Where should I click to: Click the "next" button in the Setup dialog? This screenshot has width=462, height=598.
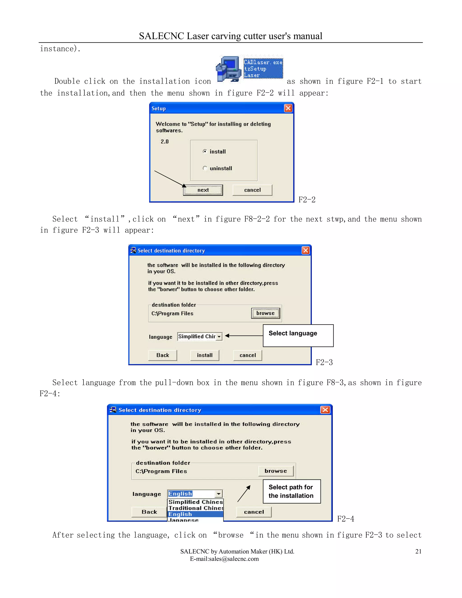click(203, 190)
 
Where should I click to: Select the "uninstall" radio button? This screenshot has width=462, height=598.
click(205, 168)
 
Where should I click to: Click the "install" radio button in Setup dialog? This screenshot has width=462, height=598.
click(205, 151)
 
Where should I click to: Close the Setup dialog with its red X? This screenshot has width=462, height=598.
click(288, 108)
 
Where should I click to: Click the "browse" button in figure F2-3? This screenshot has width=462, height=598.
click(266, 313)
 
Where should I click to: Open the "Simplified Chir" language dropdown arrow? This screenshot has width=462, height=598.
click(219, 336)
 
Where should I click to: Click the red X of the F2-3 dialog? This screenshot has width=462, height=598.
click(305, 250)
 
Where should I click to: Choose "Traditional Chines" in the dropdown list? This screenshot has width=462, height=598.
click(195, 508)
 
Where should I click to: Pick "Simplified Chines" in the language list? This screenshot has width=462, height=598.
click(195, 502)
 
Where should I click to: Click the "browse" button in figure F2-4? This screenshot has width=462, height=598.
click(276, 471)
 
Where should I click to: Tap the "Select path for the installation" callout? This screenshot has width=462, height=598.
click(291, 491)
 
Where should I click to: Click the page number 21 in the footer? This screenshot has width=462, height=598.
click(418, 552)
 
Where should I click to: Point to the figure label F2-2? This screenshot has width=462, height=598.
click(307, 200)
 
